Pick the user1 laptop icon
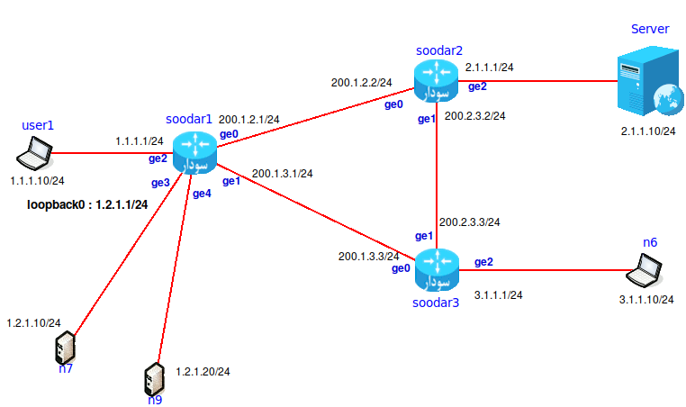38,153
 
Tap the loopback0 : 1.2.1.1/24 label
88,204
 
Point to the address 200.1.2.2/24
361,83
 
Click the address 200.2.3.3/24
469,222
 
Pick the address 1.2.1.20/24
203,371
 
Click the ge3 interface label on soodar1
160,183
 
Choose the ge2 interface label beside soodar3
483,262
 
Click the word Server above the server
649,30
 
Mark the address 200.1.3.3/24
367,257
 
